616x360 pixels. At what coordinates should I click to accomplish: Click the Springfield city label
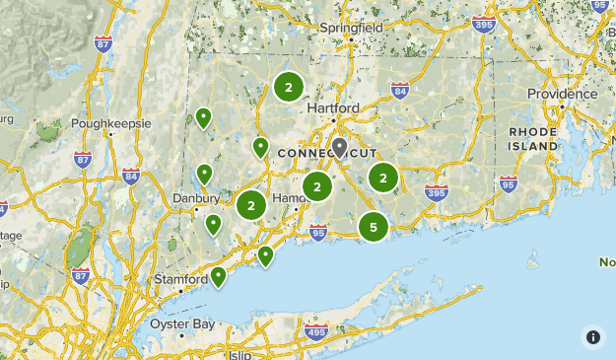pyautogui.click(x=351, y=28)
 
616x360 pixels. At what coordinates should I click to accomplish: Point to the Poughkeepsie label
pyautogui.click(x=110, y=124)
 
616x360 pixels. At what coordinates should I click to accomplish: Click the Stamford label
pyautogui.click(x=180, y=280)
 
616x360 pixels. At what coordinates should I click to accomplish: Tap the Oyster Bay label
pyautogui.click(x=182, y=324)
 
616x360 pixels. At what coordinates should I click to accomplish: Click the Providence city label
pyautogui.click(x=562, y=93)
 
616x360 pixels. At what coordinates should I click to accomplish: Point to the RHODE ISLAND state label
pyautogui.click(x=533, y=138)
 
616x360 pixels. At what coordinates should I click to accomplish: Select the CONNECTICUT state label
pyautogui.click(x=326, y=154)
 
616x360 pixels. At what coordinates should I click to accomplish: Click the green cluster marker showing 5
pyautogui.click(x=374, y=228)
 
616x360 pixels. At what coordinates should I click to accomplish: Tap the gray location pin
pyautogui.click(x=340, y=148)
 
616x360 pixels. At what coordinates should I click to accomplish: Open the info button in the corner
pyautogui.click(x=593, y=336)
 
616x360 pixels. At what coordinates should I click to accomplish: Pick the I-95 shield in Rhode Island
pyautogui.click(x=508, y=182)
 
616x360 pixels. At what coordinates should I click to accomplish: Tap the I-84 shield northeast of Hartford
pyautogui.click(x=399, y=92)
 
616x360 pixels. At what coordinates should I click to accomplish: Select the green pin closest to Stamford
pyautogui.click(x=218, y=275)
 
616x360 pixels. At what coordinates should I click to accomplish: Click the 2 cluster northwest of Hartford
pyautogui.click(x=288, y=88)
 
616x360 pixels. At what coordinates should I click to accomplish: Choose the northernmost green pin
pyautogui.click(x=203, y=118)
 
